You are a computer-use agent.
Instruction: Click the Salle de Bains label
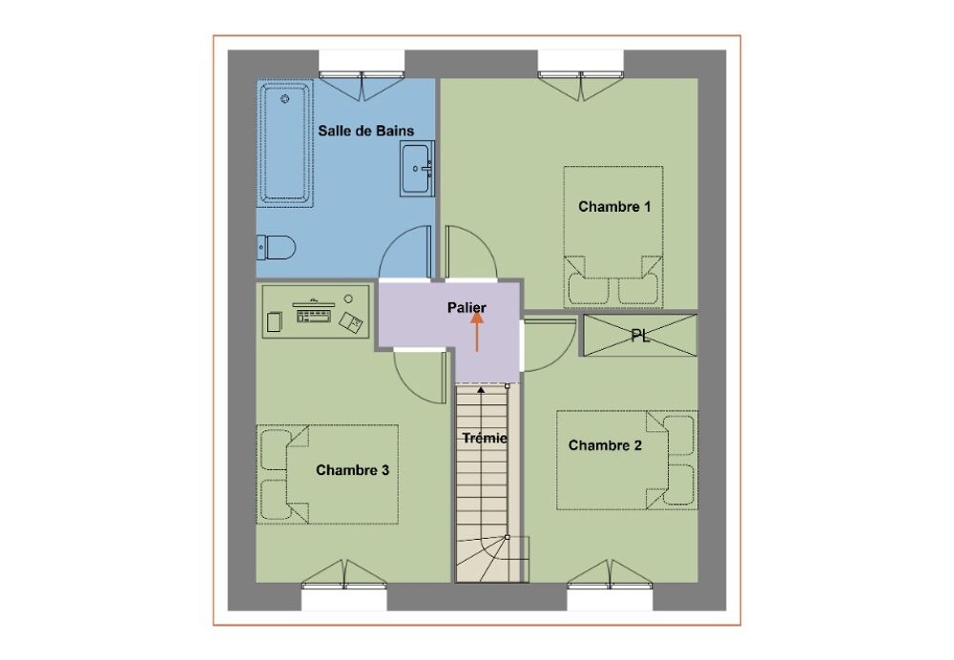[x=365, y=131]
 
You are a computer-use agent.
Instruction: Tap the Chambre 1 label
[x=614, y=207]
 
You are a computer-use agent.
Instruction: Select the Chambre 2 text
[x=605, y=445]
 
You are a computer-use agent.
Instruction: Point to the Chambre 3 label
[x=352, y=470]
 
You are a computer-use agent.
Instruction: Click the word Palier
[x=467, y=308]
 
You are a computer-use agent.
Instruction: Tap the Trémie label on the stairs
[x=485, y=438]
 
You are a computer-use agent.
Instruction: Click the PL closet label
[x=640, y=336]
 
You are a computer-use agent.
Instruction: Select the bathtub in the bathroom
[x=284, y=144]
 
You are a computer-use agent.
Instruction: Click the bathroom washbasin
[x=417, y=169]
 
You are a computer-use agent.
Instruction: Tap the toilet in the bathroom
[x=277, y=248]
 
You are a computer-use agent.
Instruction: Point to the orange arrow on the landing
[x=477, y=332]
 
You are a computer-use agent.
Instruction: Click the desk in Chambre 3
[x=316, y=312]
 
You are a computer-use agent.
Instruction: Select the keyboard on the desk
[x=313, y=315]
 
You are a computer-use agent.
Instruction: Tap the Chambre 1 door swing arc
[x=484, y=239]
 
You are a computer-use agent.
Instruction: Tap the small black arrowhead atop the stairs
[x=481, y=389]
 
